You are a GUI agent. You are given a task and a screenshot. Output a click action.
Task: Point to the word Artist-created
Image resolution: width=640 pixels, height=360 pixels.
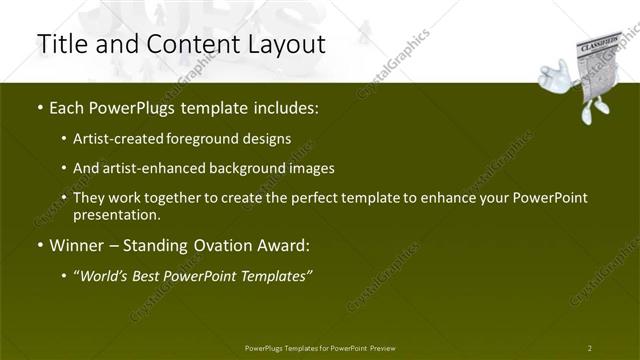coord(120,138)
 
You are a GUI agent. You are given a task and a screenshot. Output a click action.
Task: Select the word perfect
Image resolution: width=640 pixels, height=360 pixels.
coord(314,198)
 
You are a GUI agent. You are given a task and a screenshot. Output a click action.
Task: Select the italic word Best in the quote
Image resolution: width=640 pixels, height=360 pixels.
coord(151,275)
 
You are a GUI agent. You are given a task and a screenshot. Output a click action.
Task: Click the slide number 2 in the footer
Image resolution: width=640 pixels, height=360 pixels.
coord(589,348)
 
